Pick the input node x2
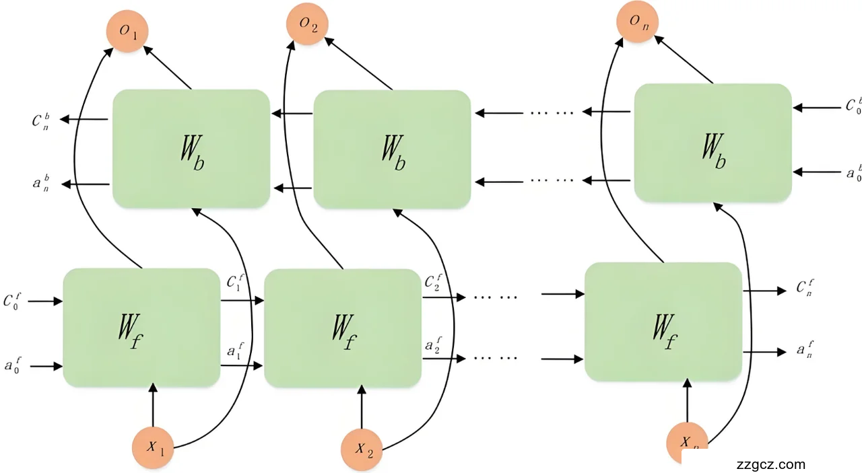[362, 448]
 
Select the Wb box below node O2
[392, 148]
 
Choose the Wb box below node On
[712, 143]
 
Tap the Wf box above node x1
[141, 328]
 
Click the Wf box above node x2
[343, 328]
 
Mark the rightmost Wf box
[663, 322]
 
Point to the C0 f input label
[14, 301]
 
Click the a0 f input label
[14, 366]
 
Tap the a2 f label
[433, 346]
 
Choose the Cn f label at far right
[805, 289]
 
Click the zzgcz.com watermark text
[771, 464]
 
